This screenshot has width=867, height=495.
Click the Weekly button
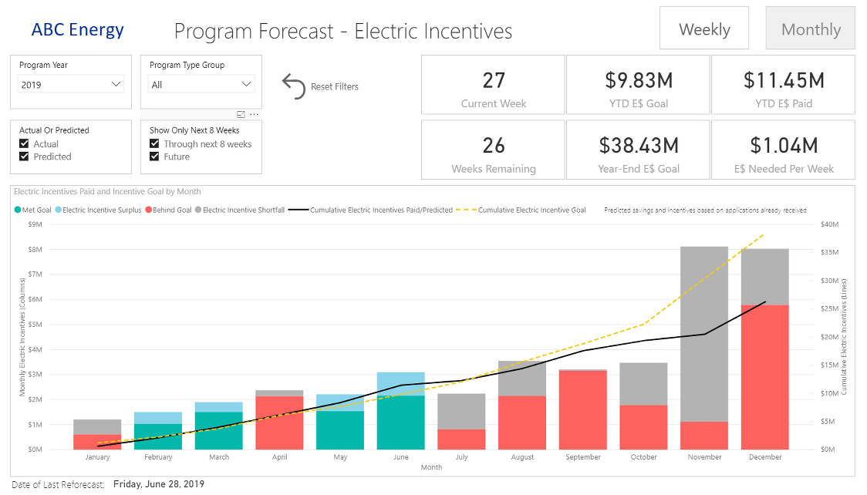pyautogui.click(x=703, y=29)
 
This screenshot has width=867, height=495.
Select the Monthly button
pyautogui.click(x=810, y=29)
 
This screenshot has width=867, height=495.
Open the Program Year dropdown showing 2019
pyautogui.click(x=71, y=84)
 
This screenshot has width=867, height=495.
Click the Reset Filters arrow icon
pyautogui.click(x=294, y=86)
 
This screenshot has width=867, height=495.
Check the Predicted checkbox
pyautogui.click(x=25, y=157)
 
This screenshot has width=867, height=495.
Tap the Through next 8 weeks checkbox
pyautogui.click(x=155, y=144)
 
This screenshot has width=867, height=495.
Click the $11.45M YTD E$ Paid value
pyautogui.click(x=783, y=79)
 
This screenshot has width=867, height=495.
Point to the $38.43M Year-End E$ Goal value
pyautogui.click(x=638, y=144)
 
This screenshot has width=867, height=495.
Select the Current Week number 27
pyautogui.click(x=493, y=79)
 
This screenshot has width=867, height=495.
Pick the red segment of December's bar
pyautogui.click(x=764, y=377)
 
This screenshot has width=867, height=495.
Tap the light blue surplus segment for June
pyautogui.click(x=400, y=383)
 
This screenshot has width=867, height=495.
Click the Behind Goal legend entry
pyautogui.click(x=169, y=210)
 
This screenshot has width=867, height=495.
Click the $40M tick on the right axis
pyautogui.click(x=829, y=224)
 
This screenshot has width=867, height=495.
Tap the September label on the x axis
pyautogui.click(x=582, y=457)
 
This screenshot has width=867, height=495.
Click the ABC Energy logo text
pyautogui.click(x=77, y=29)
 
